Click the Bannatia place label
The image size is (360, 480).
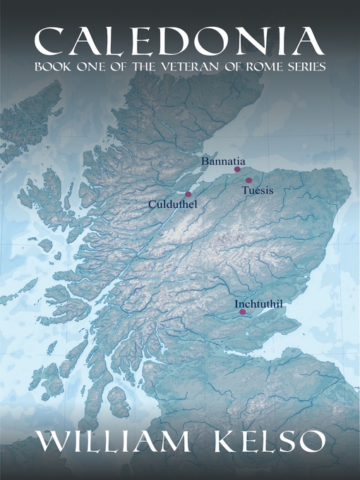(x=222, y=162)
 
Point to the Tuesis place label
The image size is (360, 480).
(x=257, y=191)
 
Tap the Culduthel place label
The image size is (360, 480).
(x=172, y=204)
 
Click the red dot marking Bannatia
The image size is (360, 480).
(x=237, y=169)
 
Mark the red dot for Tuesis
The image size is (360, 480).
(x=248, y=181)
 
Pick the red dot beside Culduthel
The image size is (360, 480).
(x=188, y=194)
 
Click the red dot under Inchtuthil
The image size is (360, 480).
(x=242, y=312)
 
